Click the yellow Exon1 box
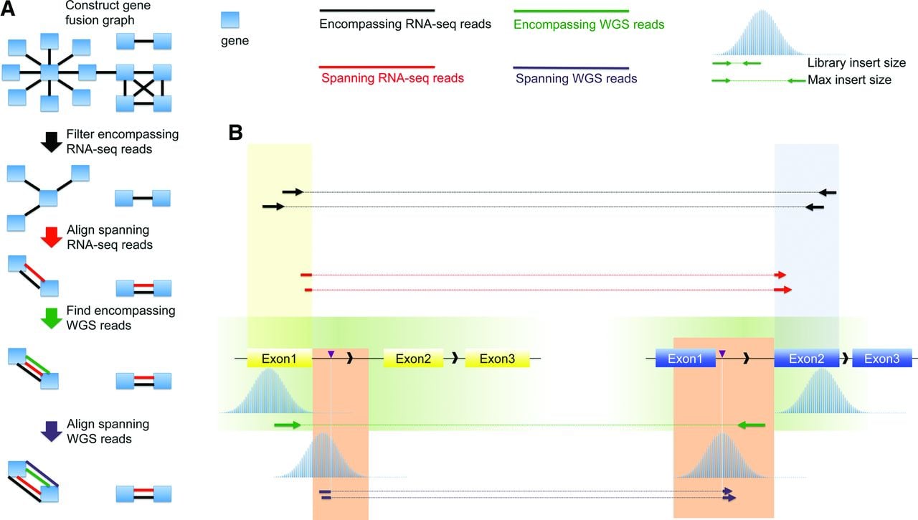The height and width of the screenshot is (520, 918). click(280, 359)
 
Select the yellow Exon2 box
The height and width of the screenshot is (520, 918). click(413, 359)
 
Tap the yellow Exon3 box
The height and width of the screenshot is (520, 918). click(497, 359)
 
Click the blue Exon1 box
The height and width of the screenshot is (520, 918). click(685, 359)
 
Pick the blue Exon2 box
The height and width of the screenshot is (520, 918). click(807, 359)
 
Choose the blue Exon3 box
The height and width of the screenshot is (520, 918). click(882, 359)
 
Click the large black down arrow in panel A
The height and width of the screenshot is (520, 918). click(52, 142)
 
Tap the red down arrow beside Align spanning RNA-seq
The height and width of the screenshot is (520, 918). click(52, 237)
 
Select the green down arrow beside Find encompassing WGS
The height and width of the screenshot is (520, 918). click(52, 318)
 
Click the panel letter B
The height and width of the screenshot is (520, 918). click(236, 133)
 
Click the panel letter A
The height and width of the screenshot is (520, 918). click(8, 8)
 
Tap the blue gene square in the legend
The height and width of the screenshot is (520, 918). click(230, 19)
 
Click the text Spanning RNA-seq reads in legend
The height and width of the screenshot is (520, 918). click(392, 78)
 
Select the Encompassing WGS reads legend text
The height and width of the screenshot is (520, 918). click(589, 24)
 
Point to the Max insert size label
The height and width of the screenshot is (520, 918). click(850, 80)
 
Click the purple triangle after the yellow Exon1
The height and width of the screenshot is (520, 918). click(331, 354)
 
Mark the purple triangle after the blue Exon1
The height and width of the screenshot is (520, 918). click(722, 354)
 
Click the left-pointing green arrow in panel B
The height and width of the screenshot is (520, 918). click(751, 425)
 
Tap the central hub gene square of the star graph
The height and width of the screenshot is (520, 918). click(49, 72)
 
